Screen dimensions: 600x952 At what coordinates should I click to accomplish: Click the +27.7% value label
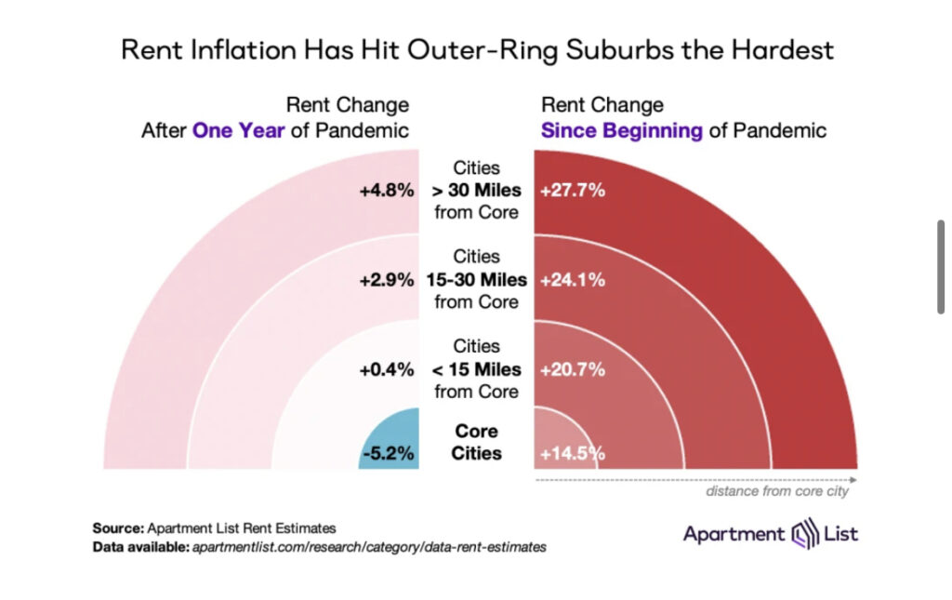coord(573,192)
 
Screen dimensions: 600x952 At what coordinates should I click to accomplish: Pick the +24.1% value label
coord(573,280)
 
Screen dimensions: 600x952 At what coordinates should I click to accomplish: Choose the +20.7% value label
coord(573,369)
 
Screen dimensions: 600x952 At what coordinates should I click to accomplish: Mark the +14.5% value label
coord(573,455)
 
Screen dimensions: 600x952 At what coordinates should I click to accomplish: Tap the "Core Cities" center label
coord(477,443)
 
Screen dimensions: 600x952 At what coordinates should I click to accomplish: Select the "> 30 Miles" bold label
coord(476,192)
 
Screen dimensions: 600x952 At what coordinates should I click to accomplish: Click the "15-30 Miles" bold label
coord(476,280)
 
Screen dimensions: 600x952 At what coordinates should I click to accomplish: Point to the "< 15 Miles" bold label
coord(476,369)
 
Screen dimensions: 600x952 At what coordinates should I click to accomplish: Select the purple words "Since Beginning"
coord(622,130)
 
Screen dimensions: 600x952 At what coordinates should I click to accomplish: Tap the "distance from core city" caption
coord(777,491)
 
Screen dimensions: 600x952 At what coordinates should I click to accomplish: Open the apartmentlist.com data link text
coord(369,547)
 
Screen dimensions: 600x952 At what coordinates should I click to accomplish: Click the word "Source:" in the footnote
coord(117,527)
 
